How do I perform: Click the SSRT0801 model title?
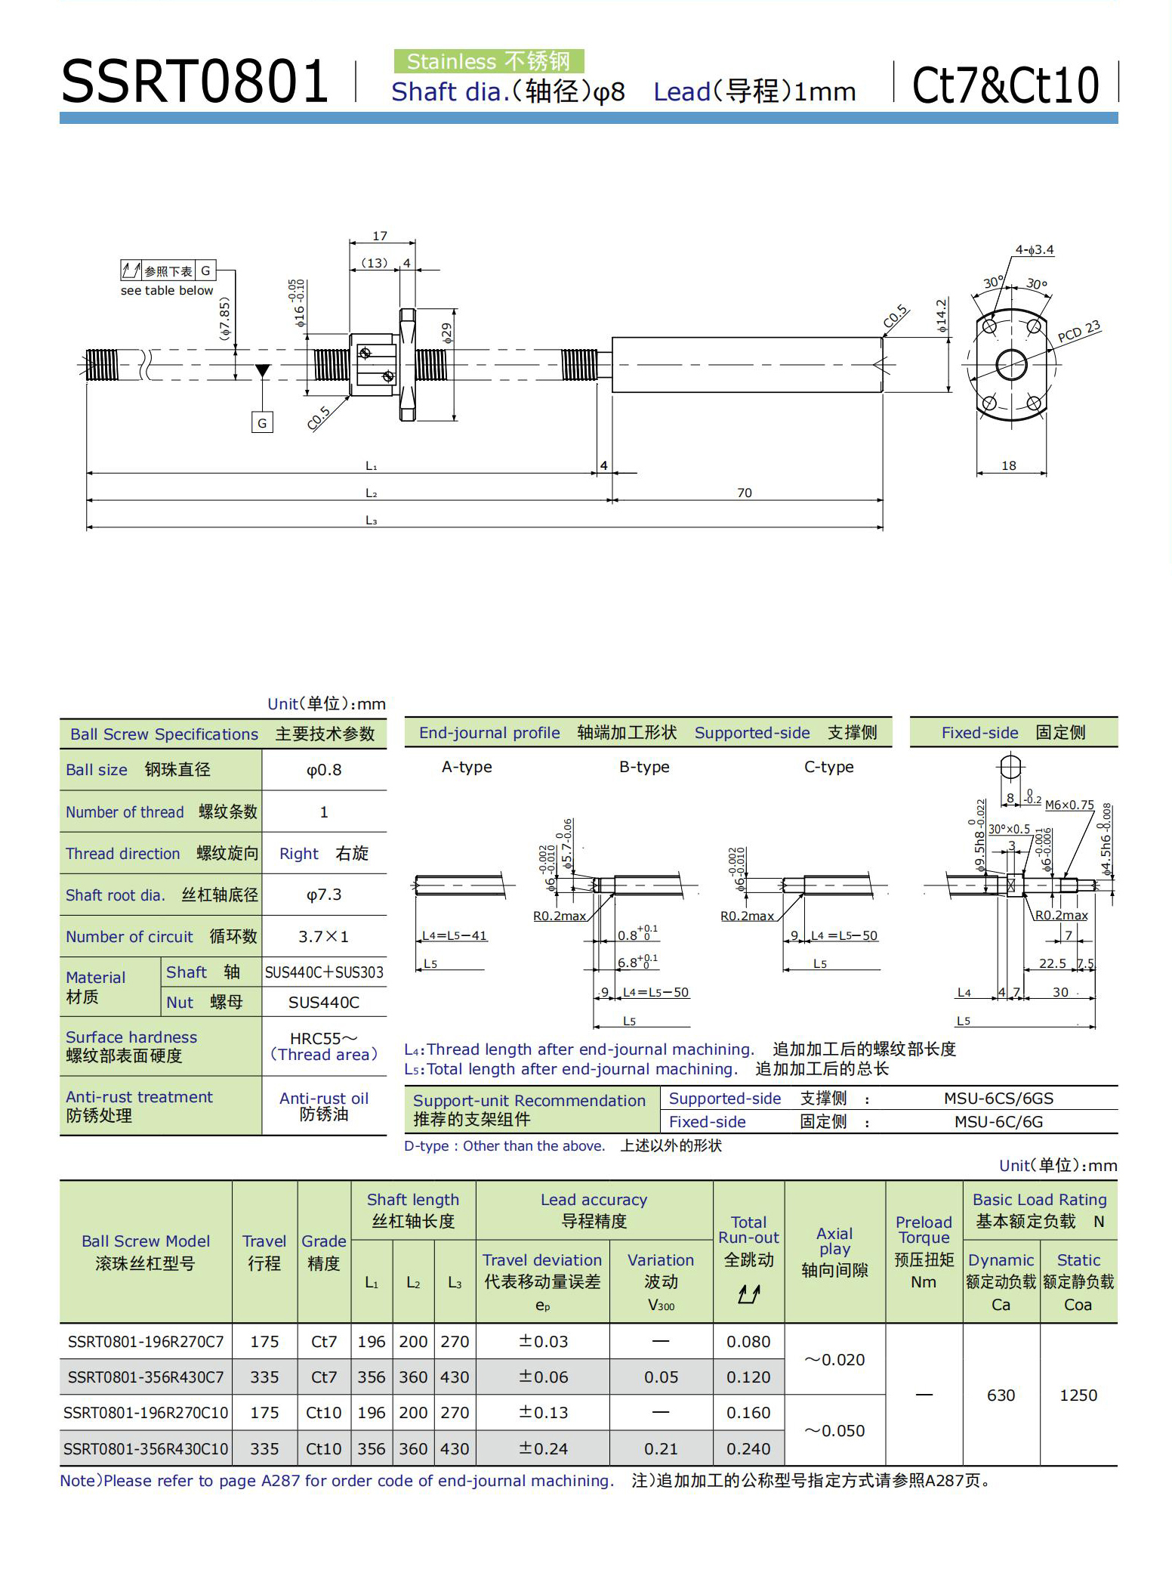pos(194,82)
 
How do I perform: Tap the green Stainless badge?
pos(489,61)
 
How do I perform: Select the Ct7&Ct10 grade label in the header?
pos(1005,85)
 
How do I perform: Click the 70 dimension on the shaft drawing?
pos(745,493)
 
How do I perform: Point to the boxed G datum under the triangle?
pos(262,423)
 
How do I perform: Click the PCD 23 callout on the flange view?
pos(1079,331)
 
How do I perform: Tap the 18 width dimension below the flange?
pos(1009,465)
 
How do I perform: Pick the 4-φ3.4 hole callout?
pos(1034,249)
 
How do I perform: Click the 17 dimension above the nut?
pos(380,236)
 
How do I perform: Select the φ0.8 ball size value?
pos(324,770)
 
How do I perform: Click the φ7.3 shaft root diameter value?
pos(324,895)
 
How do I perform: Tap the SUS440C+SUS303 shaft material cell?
pos(324,972)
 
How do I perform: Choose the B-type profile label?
pos(644,767)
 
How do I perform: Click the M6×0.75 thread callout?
pos(1069,805)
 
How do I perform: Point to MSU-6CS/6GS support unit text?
pos(998,1098)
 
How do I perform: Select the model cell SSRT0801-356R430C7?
pos(146,1377)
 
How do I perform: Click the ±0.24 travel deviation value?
pos(543,1448)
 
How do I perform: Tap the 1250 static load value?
pos(1078,1395)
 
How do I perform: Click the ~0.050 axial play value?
pos(834,1430)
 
